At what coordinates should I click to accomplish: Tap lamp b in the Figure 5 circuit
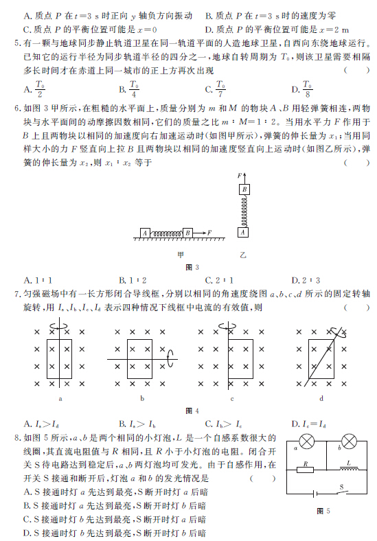click(350, 441)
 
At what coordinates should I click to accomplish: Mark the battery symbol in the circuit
click(315, 492)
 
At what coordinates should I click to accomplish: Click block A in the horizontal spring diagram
click(145, 233)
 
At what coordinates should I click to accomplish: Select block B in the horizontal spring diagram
click(187, 233)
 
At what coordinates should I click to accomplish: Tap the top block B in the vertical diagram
click(244, 189)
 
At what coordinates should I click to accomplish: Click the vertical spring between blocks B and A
click(244, 211)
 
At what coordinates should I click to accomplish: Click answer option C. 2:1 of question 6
click(220, 280)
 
